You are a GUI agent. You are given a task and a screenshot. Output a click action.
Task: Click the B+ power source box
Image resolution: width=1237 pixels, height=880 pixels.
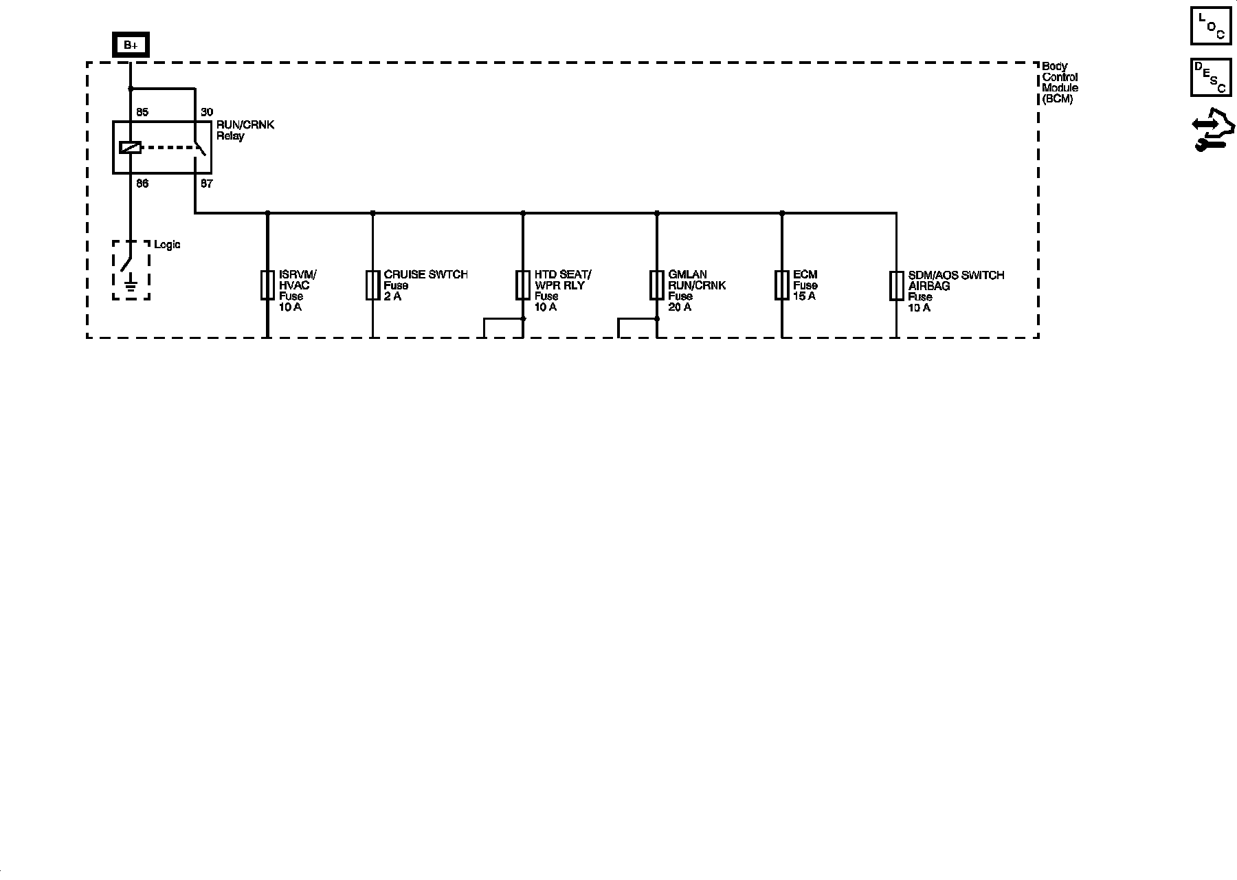(131, 45)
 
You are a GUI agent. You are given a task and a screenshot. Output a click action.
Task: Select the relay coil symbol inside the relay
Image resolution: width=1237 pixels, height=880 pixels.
(130, 147)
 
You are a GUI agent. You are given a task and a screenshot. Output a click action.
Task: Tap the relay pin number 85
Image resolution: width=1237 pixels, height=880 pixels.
(142, 112)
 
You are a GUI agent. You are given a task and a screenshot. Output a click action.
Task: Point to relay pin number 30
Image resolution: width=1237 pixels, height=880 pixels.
(206, 112)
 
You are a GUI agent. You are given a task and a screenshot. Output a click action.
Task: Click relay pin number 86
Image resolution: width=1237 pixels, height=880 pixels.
(142, 184)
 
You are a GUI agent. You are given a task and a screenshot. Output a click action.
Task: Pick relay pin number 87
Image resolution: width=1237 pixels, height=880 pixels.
(206, 184)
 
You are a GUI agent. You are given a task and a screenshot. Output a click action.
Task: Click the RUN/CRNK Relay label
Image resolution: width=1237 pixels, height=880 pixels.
(245, 131)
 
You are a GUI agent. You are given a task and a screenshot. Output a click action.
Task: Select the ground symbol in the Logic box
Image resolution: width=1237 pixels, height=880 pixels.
(131, 283)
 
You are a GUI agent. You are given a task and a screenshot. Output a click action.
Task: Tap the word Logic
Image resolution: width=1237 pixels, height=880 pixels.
(167, 245)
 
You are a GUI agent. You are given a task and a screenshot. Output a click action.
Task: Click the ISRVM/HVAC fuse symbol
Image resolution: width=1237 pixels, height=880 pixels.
(267, 285)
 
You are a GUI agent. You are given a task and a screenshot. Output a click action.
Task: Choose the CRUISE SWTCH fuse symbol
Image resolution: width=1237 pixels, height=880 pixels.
(372, 285)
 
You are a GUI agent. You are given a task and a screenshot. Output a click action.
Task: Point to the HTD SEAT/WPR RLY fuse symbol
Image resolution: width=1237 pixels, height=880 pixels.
(523, 285)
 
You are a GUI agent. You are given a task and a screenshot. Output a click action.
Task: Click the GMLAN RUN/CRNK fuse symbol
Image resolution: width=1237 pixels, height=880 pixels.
(656, 285)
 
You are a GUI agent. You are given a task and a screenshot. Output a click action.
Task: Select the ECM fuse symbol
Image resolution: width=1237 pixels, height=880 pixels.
(782, 285)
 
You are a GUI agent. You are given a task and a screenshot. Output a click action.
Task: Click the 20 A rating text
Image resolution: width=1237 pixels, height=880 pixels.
(680, 307)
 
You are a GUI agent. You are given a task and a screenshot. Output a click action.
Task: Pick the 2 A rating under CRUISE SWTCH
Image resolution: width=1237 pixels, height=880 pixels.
(392, 296)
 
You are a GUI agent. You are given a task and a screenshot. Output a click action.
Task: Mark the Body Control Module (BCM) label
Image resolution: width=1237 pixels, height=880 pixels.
(1060, 82)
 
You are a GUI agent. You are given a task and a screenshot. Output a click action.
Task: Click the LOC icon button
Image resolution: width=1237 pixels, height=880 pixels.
(1211, 25)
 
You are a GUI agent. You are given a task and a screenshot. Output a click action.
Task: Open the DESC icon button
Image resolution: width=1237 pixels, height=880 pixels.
(1211, 77)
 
